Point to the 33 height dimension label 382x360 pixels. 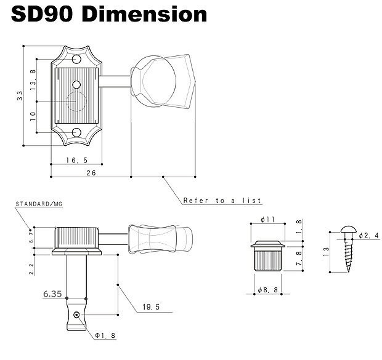point(20,95)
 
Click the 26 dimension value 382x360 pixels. point(90,174)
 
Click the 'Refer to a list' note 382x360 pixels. point(222,201)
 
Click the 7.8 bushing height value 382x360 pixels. point(298,259)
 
